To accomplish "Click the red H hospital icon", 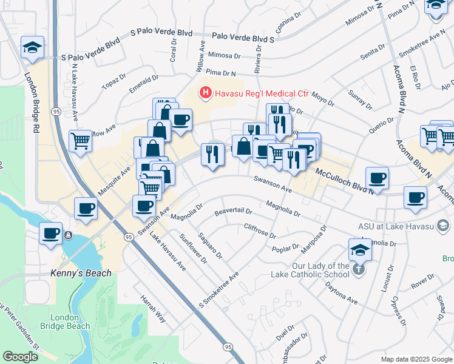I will tap(206, 93).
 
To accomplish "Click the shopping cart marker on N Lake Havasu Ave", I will tap(81, 141).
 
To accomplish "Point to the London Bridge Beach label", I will tap(70, 322).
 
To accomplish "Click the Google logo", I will tap(20, 357).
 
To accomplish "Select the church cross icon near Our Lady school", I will tap(359, 268).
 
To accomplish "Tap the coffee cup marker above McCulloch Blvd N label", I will tap(377, 178).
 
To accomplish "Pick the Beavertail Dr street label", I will tap(233, 212).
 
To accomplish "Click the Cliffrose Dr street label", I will tap(259, 230).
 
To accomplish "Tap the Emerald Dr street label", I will tap(143, 84).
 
